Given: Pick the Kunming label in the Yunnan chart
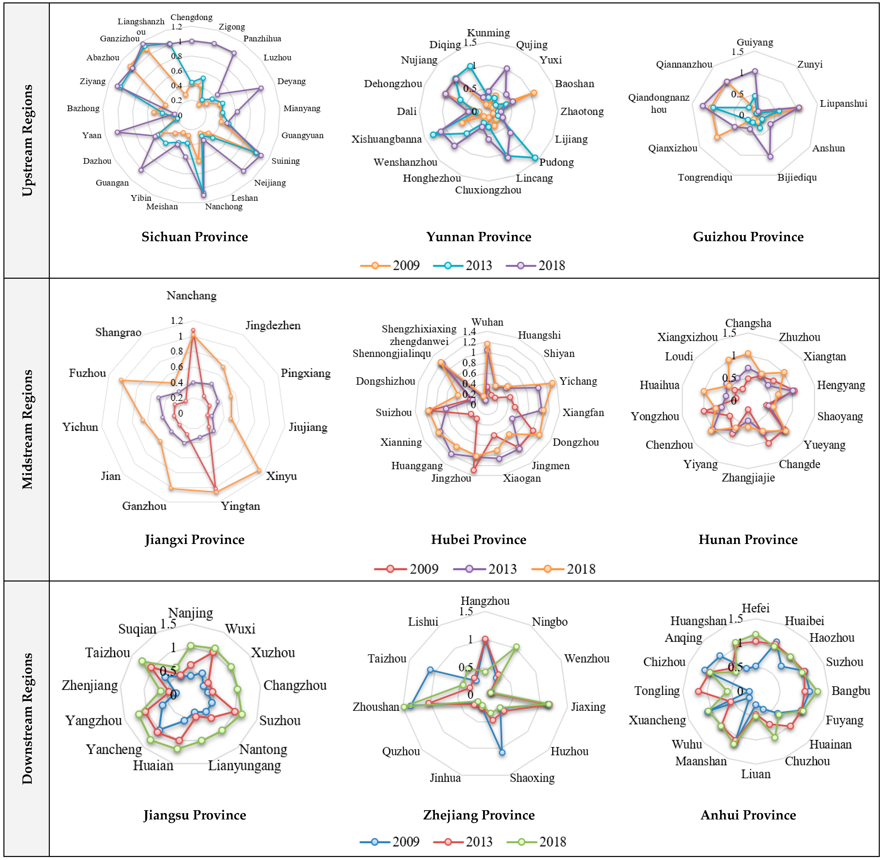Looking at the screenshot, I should [488, 33].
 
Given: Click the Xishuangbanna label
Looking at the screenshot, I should [386, 139].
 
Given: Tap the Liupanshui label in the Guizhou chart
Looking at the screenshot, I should [843, 103].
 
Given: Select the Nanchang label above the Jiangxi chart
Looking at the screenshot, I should [192, 295].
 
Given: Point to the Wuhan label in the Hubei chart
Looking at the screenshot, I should [487, 322].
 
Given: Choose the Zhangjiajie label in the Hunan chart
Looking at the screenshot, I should [748, 477].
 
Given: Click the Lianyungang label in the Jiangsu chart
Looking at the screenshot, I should [244, 766].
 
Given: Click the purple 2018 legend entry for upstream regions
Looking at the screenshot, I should [536, 266].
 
